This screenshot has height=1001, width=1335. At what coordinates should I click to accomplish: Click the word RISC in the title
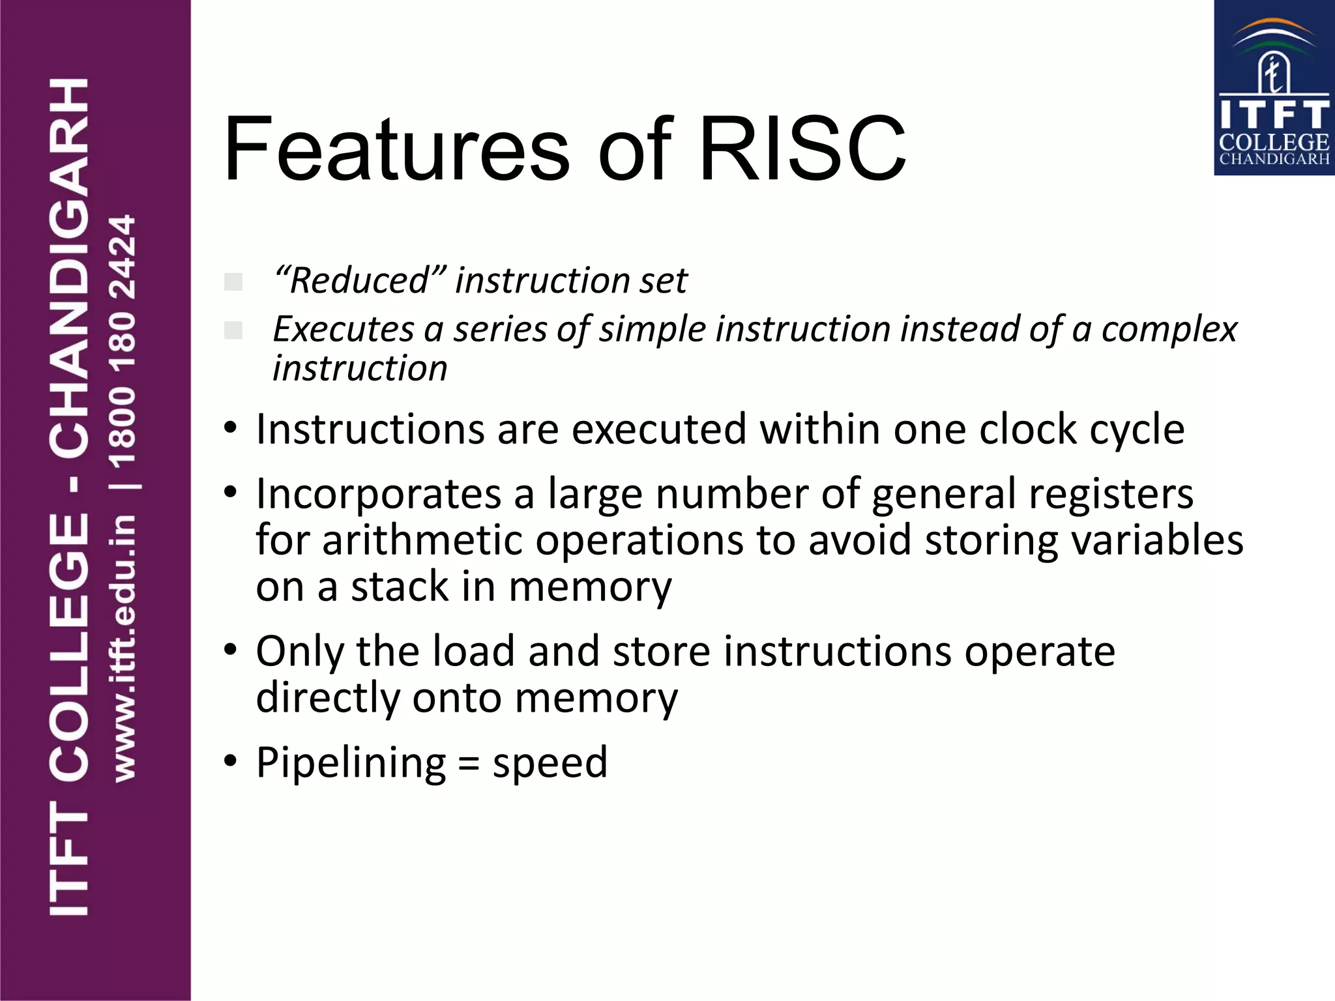pos(802,149)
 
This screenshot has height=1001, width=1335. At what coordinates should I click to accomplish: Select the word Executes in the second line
pos(343,329)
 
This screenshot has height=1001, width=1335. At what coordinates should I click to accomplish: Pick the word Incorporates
pos(379,494)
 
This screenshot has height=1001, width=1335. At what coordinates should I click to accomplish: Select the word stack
pos(400,587)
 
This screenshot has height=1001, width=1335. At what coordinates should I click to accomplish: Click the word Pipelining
pos(351,762)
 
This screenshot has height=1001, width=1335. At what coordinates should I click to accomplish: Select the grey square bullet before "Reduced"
pos(233,282)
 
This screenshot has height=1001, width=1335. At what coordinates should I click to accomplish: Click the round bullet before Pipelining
pos(230,761)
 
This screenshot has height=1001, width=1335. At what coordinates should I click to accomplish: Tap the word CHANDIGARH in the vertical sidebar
pos(69,267)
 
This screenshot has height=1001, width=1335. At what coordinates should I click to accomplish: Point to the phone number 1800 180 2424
pos(123,341)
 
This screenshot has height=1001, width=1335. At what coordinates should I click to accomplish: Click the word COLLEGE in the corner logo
pos(1274,142)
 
